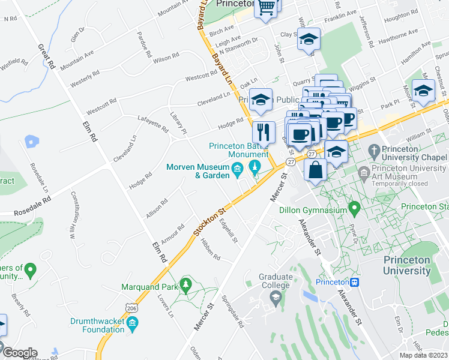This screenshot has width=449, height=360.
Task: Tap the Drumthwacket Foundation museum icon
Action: click(133, 325)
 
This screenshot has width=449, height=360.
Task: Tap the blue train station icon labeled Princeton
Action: click(355, 282)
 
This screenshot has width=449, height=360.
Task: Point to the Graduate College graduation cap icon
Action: click(276, 296)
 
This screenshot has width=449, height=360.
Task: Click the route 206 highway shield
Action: click(132, 307)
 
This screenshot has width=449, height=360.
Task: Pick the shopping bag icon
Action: click(315, 170)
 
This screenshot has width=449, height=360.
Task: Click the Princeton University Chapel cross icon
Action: click(373, 151)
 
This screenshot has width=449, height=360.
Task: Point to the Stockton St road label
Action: click(209, 222)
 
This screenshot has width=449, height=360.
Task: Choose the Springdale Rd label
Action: click(232, 311)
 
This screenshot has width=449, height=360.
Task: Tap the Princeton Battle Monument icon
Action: click(255, 166)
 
